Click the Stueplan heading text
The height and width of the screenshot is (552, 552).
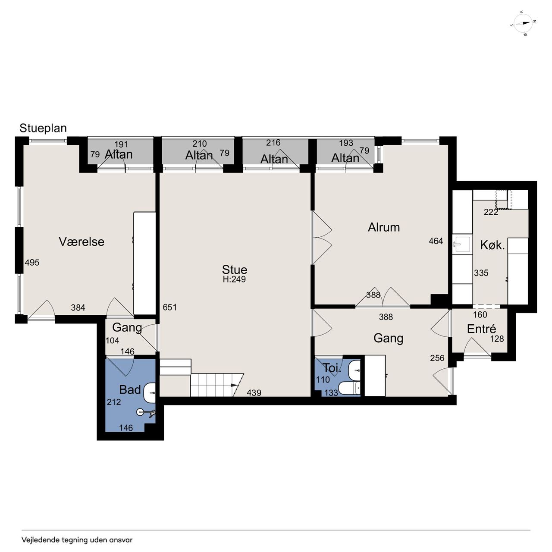[x=43, y=128]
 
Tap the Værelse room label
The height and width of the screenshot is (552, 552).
[x=82, y=241]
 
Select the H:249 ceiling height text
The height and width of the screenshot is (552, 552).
[x=234, y=279]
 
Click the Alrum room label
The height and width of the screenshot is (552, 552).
[x=383, y=227]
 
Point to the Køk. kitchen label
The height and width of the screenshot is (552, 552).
[x=492, y=245]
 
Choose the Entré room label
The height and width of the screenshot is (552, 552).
[x=481, y=329]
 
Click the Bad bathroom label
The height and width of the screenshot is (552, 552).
[x=130, y=389]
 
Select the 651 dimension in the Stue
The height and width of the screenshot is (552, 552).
[x=169, y=307]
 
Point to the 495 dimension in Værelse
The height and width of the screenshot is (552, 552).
[x=32, y=262]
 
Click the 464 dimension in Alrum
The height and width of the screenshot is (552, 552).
[x=436, y=241]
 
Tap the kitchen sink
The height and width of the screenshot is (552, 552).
[x=461, y=244]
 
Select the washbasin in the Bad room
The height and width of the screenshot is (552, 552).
[x=149, y=393]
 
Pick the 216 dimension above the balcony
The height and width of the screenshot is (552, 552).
[x=273, y=143]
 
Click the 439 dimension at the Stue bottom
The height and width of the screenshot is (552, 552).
[x=254, y=392]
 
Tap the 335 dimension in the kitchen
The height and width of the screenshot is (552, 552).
[x=481, y=273]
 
